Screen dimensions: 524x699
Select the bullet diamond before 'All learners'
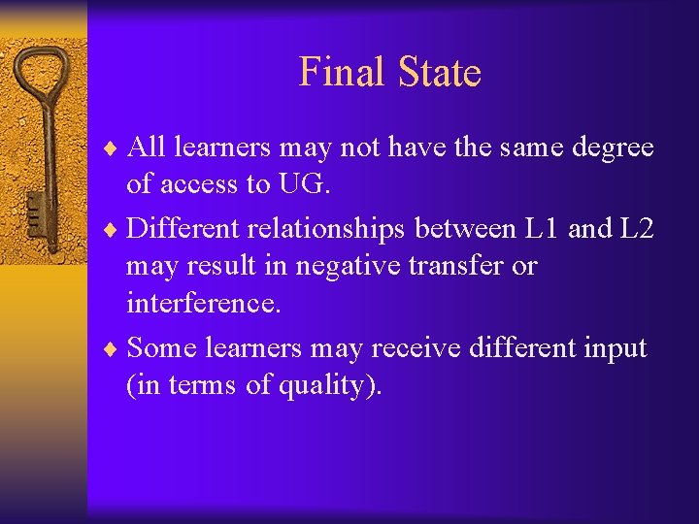(x=114, y=147)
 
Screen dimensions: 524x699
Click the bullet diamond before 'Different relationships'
(x=114, y=229)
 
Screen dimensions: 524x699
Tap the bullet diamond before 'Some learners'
(x=114, y=348)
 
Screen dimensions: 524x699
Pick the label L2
(x=632, y=228)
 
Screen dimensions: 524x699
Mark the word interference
(x=203, y=304)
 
